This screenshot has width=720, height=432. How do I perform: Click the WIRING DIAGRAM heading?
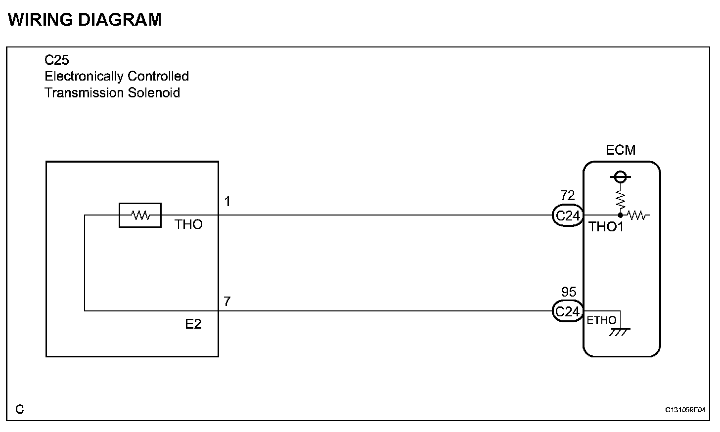85,20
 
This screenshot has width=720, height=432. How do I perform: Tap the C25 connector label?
57,60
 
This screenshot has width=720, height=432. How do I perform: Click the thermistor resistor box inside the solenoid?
140,215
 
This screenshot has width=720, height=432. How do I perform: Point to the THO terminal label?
188,225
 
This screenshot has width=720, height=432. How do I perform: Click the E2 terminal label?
193,324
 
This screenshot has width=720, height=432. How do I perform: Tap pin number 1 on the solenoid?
227,202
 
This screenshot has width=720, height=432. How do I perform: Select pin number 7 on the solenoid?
227,302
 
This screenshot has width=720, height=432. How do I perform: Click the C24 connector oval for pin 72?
567,216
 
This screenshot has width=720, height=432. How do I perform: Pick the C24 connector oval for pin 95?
567,311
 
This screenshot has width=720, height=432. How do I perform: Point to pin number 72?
568,196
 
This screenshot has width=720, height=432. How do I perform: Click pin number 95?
569,292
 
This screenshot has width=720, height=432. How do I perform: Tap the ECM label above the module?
621,150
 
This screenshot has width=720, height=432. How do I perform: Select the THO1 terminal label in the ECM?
606,227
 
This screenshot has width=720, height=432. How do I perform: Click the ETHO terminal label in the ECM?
601,320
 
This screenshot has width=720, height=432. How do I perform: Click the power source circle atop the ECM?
620,176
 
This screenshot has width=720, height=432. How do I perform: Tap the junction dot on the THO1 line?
620,216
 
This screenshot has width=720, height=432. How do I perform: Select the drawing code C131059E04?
685,410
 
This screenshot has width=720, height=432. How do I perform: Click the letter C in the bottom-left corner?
19,409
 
